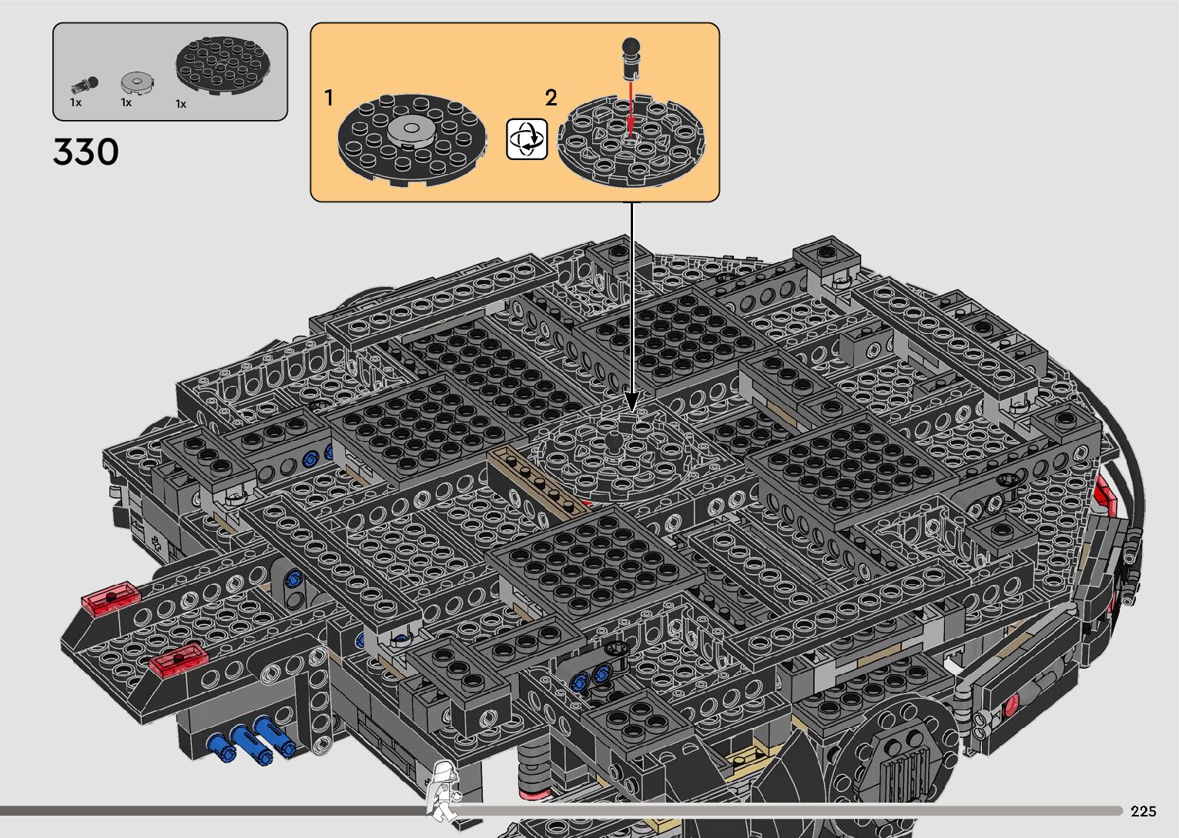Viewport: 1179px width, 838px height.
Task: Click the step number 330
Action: (x=85, y=152)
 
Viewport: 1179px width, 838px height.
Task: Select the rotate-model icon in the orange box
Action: (x=526, y=139)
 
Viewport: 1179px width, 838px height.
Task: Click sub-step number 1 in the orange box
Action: (x=329, y=98)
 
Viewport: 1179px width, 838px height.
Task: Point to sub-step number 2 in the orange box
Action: (x=551, y=98)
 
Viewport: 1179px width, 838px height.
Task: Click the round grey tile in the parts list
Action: (x=137, y=82)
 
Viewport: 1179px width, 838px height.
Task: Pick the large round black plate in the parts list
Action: (x=223, y=65)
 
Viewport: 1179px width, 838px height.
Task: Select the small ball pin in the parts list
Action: (x=85, y=84)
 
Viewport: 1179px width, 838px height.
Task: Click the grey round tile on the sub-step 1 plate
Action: (x=411, y=129)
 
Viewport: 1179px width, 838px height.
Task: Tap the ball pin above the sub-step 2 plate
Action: (x=631, y=58)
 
